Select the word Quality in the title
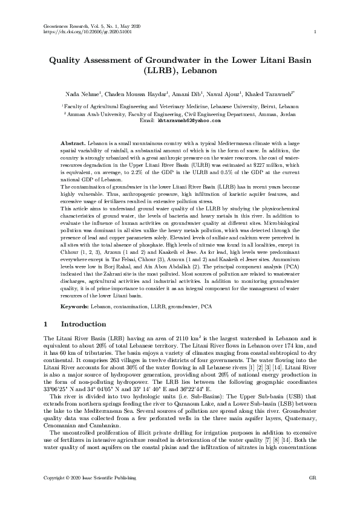coord(67,60)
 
